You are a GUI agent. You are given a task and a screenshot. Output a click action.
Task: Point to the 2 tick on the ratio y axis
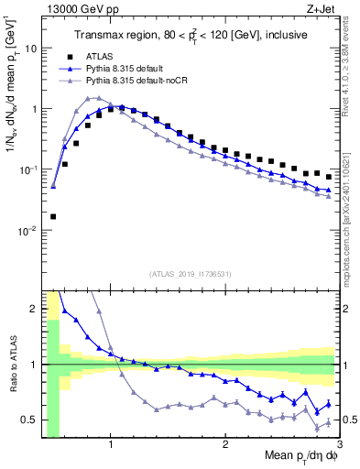35,309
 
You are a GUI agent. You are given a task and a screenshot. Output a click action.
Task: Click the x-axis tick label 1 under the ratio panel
111,446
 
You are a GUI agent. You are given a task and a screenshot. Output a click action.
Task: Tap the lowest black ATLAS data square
53,217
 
